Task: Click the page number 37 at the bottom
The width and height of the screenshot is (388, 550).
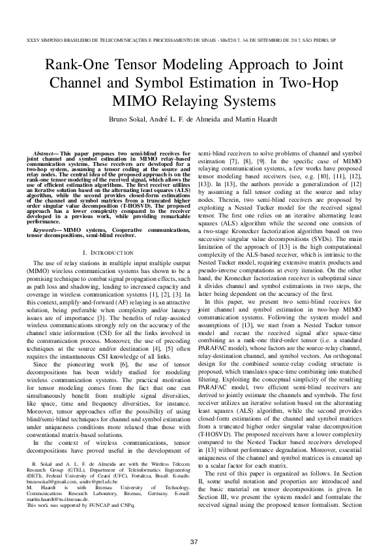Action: tap(194, 525)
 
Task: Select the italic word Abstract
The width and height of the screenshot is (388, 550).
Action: tap(44, 152)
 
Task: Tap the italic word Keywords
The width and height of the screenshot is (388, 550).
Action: tap(45, 212)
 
